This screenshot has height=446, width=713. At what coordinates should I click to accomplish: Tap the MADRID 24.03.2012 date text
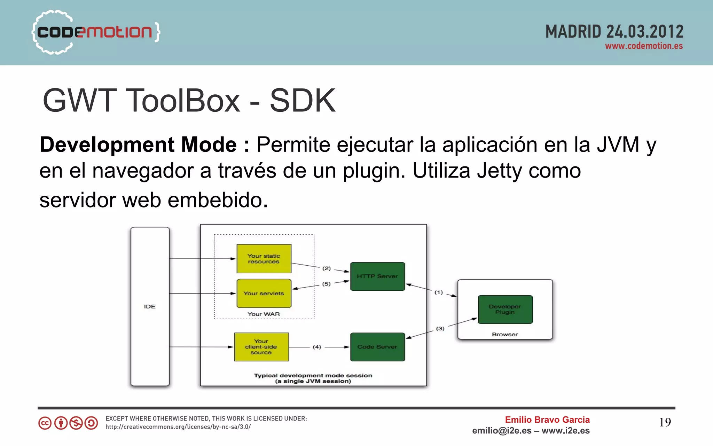[x=614, y=32]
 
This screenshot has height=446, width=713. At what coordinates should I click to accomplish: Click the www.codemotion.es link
[x=644, y=46]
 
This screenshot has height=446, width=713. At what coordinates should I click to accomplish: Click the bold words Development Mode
[x=138, y=144]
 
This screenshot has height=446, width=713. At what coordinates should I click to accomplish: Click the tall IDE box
[x=150, y=306]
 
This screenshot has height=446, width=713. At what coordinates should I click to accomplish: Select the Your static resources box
[x=264, y=259]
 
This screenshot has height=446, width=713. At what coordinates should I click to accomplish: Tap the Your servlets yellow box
[x=264, y=294]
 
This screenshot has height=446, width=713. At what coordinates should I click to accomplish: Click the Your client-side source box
[x=261, y=347]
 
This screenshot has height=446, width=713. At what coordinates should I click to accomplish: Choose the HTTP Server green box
[x=377, y=276]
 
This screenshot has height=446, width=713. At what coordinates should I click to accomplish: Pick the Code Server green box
[x=377, y=347]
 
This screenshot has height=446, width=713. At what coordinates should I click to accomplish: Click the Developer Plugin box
[x=505, y=309]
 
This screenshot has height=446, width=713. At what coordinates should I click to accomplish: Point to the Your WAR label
[x=264, y=314]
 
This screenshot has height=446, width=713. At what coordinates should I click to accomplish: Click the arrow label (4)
[x=317, y=347]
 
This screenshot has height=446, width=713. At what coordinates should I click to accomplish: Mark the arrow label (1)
[x=439, y=292]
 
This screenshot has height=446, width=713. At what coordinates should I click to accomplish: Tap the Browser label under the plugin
[x=505, y=334]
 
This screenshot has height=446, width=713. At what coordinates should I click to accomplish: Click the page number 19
[x=665, y=422]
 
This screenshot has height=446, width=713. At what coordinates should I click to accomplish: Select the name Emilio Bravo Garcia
[x=547, y=420]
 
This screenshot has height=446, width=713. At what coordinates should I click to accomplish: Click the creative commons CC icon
[x=45, y=423]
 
